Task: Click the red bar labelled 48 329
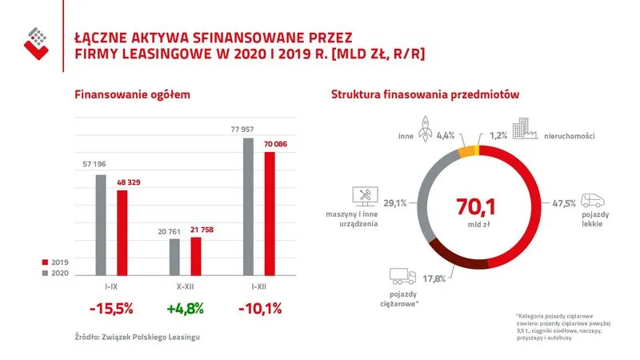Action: click(122, 232)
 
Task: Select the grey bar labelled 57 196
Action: click(101, 224)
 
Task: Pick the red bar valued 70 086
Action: click(270, 213)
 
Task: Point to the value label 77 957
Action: click(247, 129)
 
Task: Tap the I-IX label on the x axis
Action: click(110, 284)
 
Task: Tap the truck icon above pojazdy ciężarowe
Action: click(402, 276)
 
